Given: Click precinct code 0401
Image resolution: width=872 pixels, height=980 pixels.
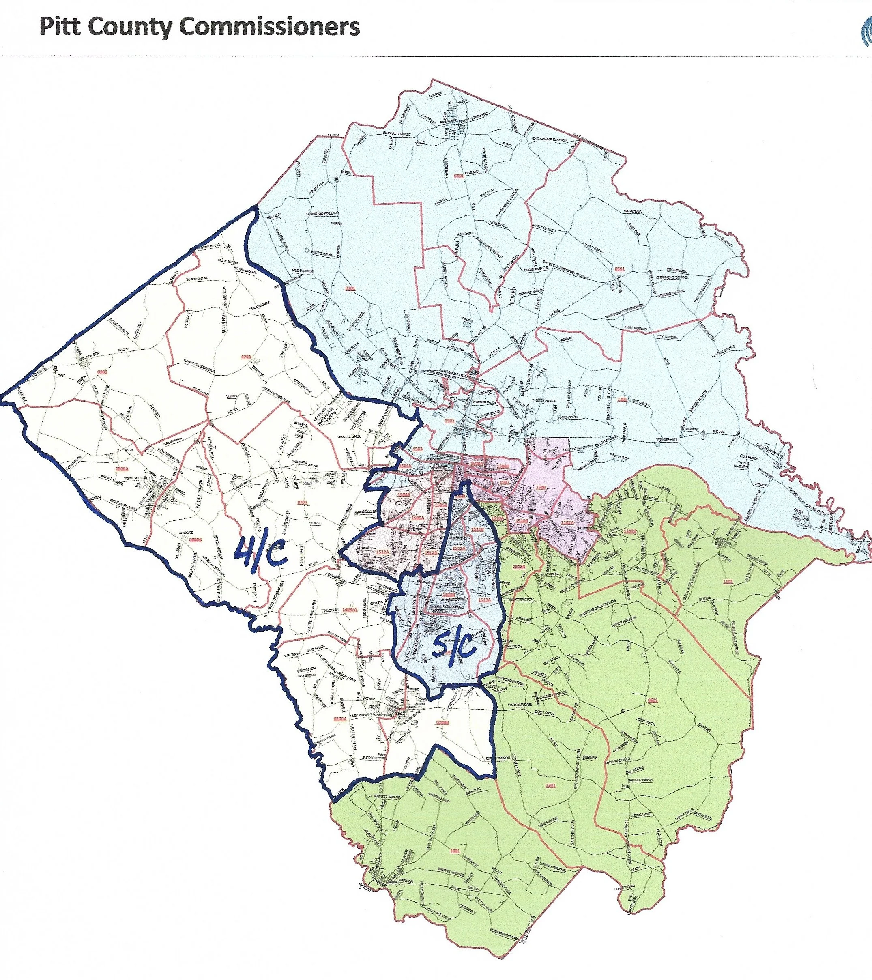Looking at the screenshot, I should pyautogui.click(x=459, y=176).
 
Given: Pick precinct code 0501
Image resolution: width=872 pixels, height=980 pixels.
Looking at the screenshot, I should pyautogui.click(x=620, y=269).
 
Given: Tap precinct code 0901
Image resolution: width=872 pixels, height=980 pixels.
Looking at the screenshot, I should pyautogui.click(x=102, y=372).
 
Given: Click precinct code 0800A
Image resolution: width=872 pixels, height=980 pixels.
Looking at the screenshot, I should pyautogui.click(x=123, y=466).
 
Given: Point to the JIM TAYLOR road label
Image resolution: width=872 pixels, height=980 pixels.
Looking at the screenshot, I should pyautogui.click(x=632, y=211).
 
